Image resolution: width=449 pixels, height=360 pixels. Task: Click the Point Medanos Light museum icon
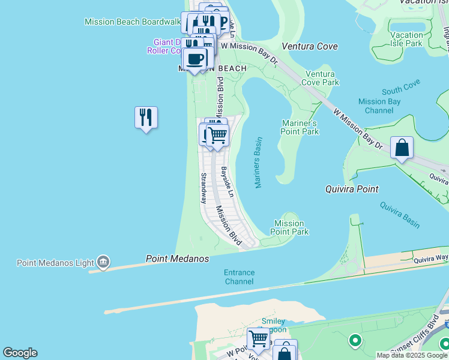[103, 262]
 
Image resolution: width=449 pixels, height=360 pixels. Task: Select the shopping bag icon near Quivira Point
[402, 147]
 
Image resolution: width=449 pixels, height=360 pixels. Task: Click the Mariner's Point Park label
[300, 127]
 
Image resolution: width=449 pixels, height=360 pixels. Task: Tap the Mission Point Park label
[289, 227]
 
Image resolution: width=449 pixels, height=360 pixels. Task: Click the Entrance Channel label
[240, 277]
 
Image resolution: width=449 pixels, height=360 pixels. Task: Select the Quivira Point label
[352, 189]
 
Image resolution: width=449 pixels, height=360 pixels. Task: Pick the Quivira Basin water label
[400, 214]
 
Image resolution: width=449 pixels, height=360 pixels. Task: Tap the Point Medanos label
[178, 259]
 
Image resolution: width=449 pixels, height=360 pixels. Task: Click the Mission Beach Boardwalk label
[133, 22]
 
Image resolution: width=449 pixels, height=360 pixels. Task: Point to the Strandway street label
[203, 188]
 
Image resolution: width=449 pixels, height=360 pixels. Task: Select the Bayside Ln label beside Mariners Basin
[227, 182]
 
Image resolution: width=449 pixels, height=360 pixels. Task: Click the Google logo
[20, 353]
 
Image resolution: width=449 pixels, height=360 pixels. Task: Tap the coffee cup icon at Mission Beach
[195, 59]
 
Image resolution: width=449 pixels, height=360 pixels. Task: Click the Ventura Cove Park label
[320, 78]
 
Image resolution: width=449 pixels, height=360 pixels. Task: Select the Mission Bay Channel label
[379, 106]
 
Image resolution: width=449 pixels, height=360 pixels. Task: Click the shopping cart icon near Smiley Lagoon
[258, 338]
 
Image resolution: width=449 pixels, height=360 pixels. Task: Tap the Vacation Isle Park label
[406, 39]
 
